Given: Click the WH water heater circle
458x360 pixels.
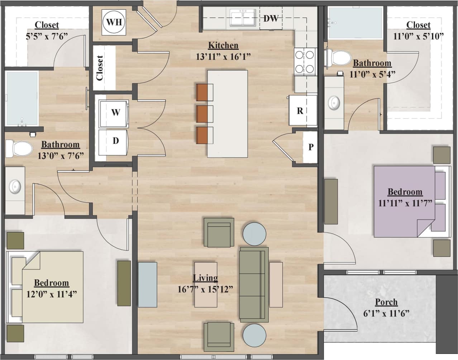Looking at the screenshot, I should pos(114,22).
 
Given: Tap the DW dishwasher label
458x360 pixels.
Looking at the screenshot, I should pos(271,18).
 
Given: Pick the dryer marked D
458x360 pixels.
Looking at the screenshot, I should pos(115,141).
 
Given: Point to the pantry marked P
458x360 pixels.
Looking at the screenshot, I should pos(310,147).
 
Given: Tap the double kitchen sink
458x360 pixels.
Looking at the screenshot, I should pos(243,18).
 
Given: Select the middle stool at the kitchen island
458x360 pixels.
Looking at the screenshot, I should pos(205,114).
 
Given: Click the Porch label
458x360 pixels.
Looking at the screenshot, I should pos(386,302).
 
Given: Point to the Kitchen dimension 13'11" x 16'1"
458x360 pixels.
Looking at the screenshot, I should pos(223,57).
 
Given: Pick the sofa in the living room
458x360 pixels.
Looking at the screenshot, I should pos(254,284).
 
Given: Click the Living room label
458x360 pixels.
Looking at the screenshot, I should pos(205,278).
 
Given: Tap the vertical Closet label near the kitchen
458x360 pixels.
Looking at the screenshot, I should pos(100,68).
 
